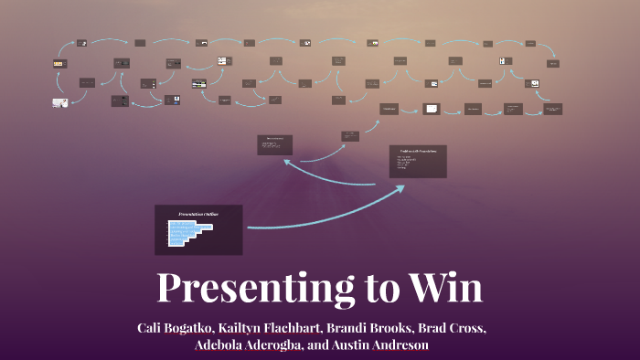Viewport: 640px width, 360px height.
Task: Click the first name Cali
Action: pos(152,327)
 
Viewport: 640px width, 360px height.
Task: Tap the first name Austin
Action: pos(374,345)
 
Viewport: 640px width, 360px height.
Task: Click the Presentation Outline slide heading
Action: pos(198,214)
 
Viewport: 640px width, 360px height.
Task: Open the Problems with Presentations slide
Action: pos(417,161)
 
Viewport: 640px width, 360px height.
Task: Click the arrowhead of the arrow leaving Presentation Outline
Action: pos(402,187)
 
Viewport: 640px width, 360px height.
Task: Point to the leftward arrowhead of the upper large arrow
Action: pos(287,161)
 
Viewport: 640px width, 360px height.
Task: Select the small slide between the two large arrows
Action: pos(350,136)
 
